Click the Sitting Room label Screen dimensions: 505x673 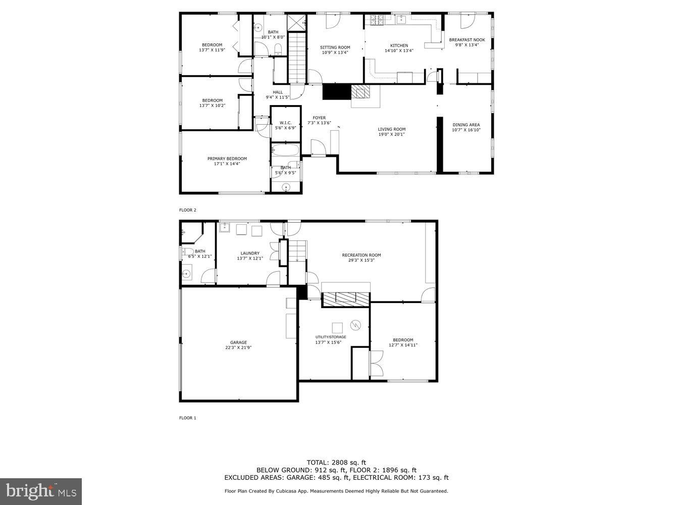335,47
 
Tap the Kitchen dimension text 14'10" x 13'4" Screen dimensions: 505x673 399,50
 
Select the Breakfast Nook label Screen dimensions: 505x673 467,39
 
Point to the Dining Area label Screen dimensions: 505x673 466,125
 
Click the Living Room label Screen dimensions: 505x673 391,129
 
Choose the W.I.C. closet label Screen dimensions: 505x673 285,123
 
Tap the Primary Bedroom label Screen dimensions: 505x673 227,159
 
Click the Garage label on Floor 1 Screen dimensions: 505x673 238,342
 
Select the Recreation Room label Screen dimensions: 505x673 361,255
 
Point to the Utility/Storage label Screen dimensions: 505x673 331,337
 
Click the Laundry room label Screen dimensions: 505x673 250,254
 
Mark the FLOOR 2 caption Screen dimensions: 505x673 187,210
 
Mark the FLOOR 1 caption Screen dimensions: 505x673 187,418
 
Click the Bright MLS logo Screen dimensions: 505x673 41,491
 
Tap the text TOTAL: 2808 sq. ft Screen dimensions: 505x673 336,462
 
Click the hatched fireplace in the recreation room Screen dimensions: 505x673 345,299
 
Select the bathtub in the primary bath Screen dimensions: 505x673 285,150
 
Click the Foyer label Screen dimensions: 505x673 319,118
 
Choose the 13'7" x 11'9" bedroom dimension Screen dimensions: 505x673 212,50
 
